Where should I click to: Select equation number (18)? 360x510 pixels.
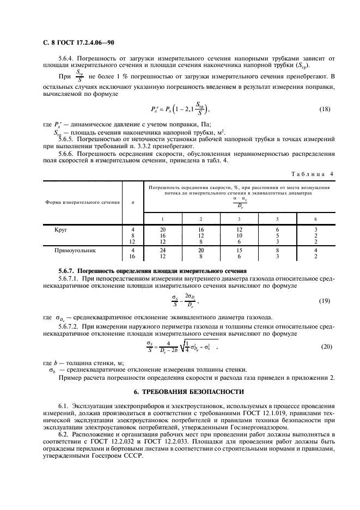click(x=325, y=109)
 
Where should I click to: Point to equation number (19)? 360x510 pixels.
click(x=325, y=300)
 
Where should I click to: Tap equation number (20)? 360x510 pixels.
click(x=325, y=347)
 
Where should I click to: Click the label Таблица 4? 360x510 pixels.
click(x=315, y=174)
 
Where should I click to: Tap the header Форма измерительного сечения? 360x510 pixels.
click(x=75, y=202)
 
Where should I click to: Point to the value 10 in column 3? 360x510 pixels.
click(x=239, y=236)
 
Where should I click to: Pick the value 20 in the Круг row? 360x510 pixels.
click(x=162, y=230)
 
